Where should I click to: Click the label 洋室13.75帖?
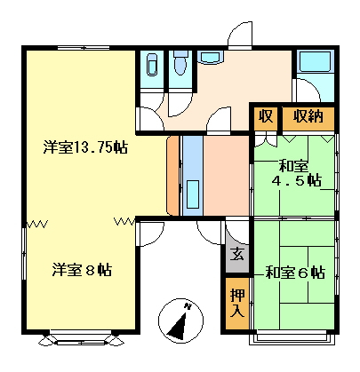tap(85, 146)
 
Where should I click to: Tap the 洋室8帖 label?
tap(82, 270)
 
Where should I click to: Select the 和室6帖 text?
tap(295, 273)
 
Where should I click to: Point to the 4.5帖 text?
tap(297, 180)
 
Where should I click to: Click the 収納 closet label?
tap(308, 116)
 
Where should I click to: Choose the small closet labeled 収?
tap(266, 116)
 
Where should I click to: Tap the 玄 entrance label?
tap(237, 254)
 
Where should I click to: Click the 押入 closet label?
tap(237, 303)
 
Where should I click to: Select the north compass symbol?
tap(180, 321)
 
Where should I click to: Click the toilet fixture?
tap(180, 63)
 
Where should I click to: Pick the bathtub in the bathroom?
tap(315, 62)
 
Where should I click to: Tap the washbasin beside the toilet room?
tap(210, 57)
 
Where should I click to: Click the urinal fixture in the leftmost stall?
tap(152, 65)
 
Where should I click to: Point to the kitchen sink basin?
tap(193, 194)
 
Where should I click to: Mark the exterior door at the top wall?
tap(240, 35)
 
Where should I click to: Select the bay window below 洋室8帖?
tap(81, 339)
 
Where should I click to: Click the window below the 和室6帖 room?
tap(292, 337)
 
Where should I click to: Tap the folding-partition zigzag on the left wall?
tap(37, 224)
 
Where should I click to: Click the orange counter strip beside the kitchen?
tap(173, 176)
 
